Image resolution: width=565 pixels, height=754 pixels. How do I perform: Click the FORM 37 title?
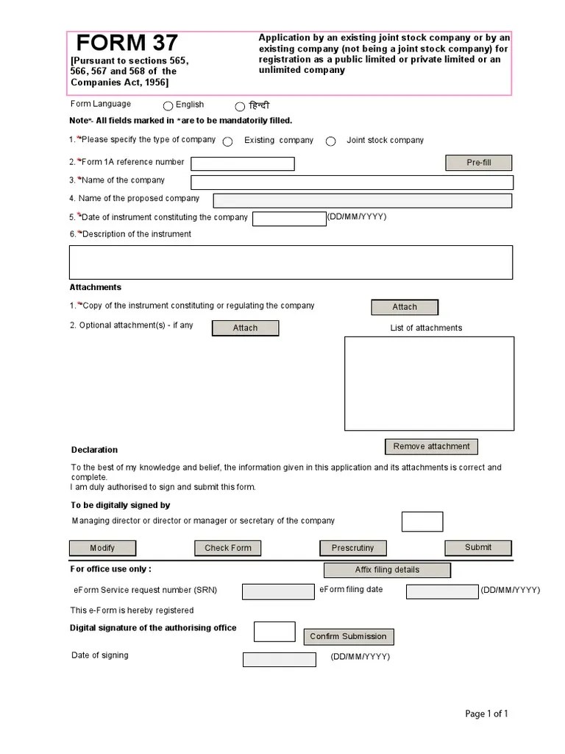pos(127,43)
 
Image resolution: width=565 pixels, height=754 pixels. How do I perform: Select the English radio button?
pos(168,106)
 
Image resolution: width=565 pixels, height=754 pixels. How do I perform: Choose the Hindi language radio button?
pos(240,107)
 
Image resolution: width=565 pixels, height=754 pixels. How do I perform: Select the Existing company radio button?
pos(228,141)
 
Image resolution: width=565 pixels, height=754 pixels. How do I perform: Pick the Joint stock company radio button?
pos(331,141)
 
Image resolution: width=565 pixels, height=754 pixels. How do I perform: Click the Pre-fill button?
pos(478,163)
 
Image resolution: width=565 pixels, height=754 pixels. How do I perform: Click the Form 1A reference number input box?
pos(242,163)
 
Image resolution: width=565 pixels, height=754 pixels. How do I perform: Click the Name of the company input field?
pos(351,183)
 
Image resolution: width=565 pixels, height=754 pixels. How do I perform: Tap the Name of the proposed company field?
pos(362,200)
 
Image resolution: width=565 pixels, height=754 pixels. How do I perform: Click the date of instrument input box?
pos(288,219)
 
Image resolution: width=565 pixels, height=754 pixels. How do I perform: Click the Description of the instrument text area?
pos(291,262)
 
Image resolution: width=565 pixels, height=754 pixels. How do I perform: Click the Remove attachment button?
pos(431,446)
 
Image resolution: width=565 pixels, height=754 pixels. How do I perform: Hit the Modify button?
pos(102,548)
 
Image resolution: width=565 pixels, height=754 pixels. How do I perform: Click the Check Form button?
pos(227,548)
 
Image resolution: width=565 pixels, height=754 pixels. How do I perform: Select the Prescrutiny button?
pos(352,548)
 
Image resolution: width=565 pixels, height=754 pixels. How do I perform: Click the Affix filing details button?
pos(386,570)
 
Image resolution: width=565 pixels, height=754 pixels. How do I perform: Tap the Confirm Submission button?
pos(347,637)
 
